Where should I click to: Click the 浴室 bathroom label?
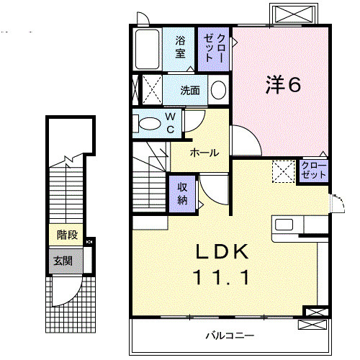point(180,47)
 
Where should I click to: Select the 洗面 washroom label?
point(190,91)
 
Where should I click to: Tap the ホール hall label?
point(204,153)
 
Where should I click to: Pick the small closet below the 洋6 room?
point(314,171)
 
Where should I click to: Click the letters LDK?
point(222,252)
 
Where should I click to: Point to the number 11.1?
point(222,276)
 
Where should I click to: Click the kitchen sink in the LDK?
point(284,224)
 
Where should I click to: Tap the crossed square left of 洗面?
point(149,90)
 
